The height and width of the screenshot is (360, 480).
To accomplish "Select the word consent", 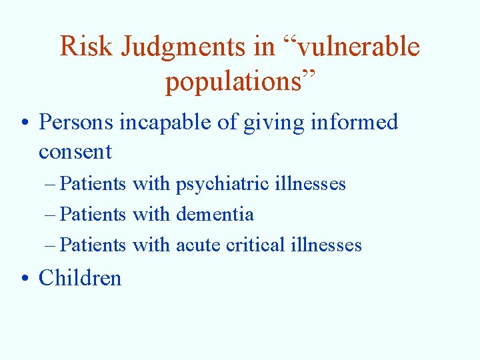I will pos(75,152).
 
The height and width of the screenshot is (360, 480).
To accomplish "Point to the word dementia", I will pos(215,215).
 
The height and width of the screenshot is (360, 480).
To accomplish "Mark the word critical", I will pos(255,245).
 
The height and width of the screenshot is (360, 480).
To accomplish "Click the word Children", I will pos(80,278).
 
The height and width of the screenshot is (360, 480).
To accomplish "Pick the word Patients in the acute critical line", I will pos(93,245).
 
